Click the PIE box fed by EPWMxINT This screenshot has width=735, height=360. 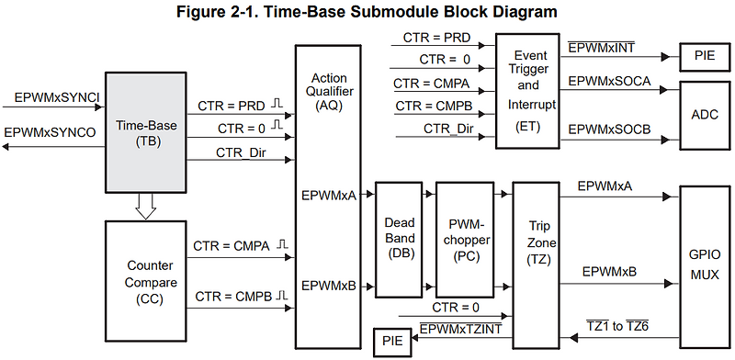706,54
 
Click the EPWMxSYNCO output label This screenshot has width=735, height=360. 51,133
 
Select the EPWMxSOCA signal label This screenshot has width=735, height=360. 609,82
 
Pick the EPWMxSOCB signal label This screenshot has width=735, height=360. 609,130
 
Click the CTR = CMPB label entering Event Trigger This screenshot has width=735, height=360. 435,107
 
